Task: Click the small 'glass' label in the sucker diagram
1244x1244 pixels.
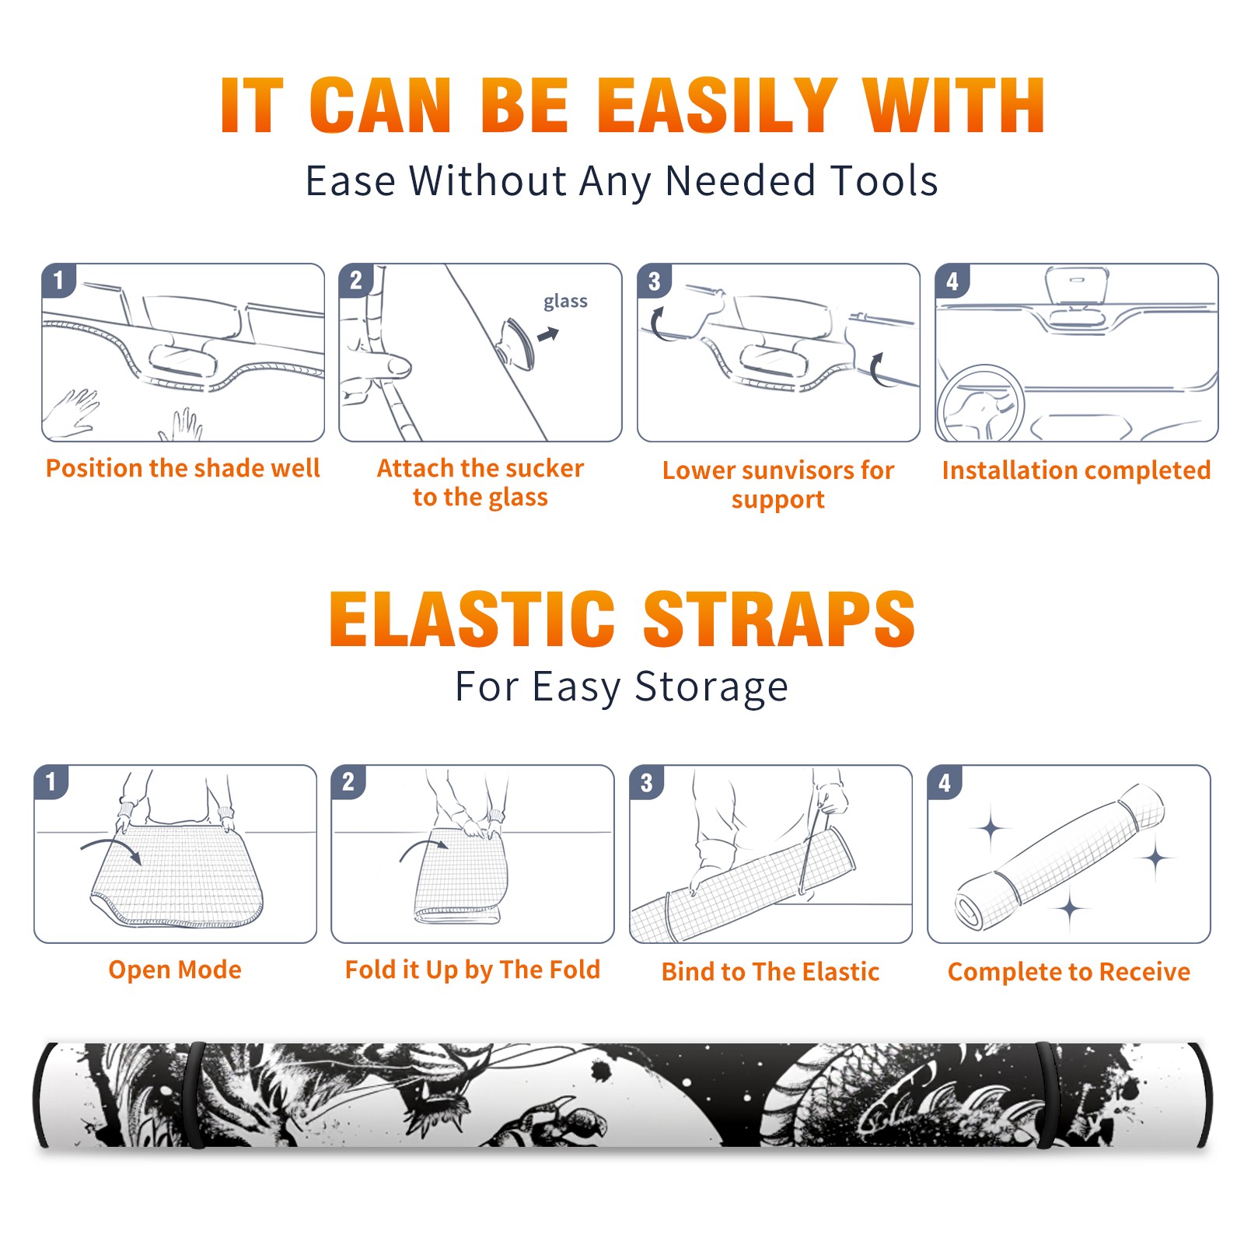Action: pyautogui.click(x=565, y=302)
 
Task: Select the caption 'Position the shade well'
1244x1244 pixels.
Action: pyautogui.click(x=183, y=468)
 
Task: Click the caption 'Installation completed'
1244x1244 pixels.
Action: pyautogui.click(x=1076, y=470)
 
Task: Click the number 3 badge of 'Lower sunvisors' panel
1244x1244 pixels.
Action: pyautogui.click(x=654, y=281)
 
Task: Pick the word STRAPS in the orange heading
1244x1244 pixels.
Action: pyautogui.click(x=779, y=619)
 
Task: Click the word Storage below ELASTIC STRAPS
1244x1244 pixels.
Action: pyautogui.click(x=711, y=687)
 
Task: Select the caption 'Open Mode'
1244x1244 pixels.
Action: pyautogui.click(x=175, y=970)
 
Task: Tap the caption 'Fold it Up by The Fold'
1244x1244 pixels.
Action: pyautogui.click(x=473, y=970)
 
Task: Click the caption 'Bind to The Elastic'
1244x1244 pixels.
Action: pyautogui.click(x=771, y=972)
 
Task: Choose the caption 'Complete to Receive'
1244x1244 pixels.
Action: pyautogui.click(x=1069, y=972)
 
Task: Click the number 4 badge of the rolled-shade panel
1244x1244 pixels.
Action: pyautogui.click(x=945, y=782)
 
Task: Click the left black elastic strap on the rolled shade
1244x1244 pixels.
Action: pyautogui.click(x=195, y=1095)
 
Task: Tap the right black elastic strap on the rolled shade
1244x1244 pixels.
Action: pyautogui.click(x=1046, y=1095)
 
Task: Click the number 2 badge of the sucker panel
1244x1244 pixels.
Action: pyautogui.click(x=356, y=281)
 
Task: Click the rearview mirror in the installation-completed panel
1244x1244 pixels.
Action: pyautogui.click(x=1077, y=285)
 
